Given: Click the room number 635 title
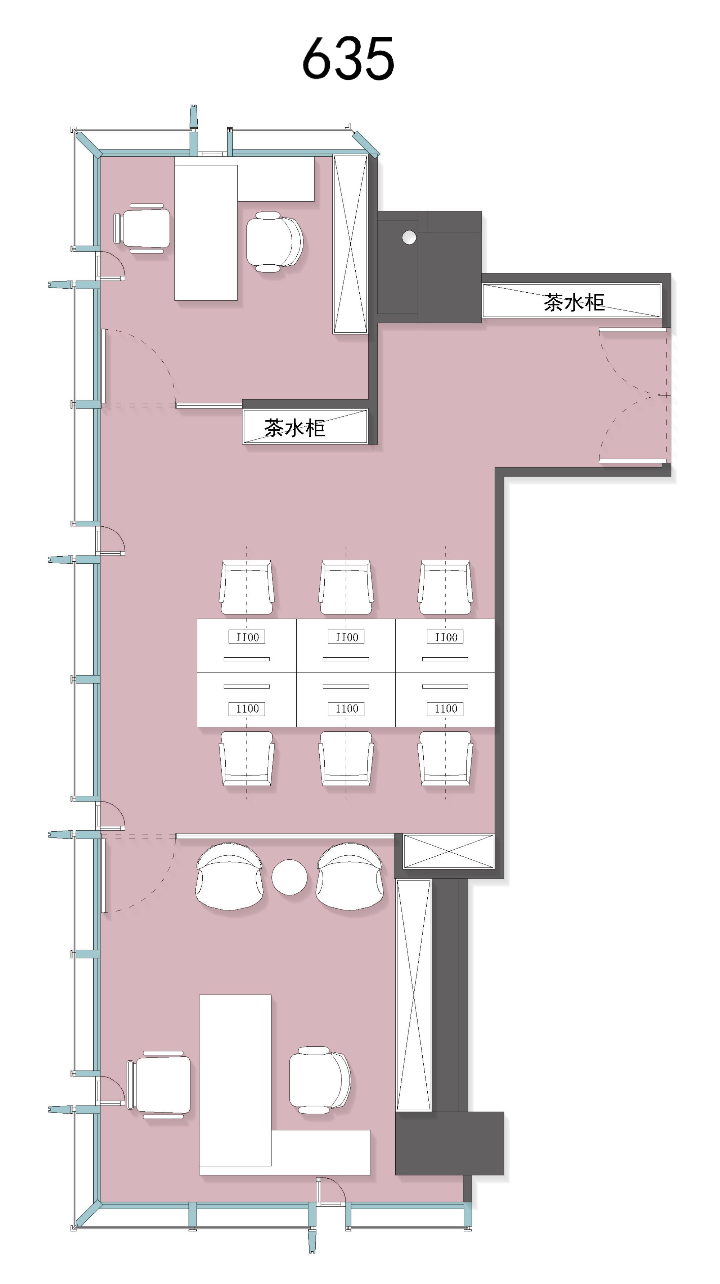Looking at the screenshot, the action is [x=348, y=58].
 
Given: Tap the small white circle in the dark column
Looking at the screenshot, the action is [x=409, y=237].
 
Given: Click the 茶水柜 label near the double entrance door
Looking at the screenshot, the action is [x=574, y=302].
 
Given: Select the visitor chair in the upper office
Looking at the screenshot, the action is [x=142, y=228].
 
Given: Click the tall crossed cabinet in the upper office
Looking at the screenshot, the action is [x=350, y=244].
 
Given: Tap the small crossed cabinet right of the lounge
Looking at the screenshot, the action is [x=449, y=851].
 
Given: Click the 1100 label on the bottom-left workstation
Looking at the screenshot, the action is [x=247, y=708].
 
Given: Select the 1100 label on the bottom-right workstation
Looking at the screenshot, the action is [x=446, y=708].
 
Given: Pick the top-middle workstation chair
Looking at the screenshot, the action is [x=346, y=587].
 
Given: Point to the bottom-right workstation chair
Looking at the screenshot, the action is [x=445, y=759].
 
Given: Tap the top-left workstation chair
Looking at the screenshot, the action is [x=247, y=587].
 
